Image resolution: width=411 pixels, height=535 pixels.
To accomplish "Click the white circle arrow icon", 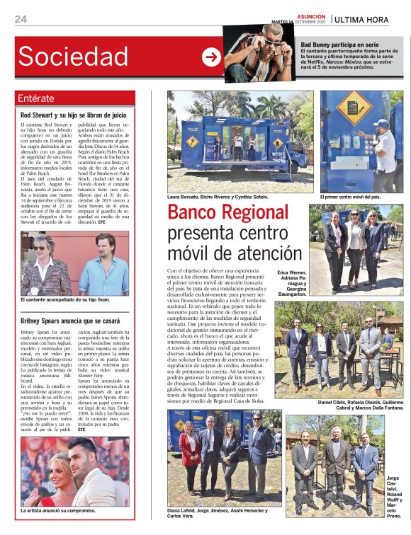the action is pos(210,57).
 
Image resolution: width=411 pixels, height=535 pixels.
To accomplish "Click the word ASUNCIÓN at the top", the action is pos(311,16).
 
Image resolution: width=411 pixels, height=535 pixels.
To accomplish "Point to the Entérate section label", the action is pos(36,98).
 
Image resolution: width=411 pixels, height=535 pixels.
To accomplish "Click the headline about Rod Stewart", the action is pos(73,114).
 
